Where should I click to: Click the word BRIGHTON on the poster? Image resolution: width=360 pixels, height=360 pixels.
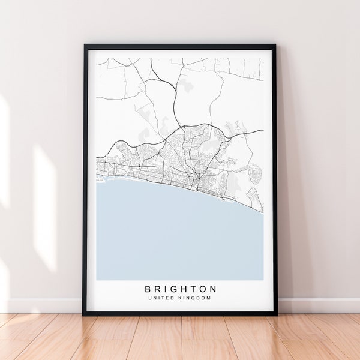179,289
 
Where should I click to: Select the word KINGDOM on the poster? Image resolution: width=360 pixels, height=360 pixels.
194,299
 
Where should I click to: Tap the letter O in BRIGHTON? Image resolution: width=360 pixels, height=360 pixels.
203,289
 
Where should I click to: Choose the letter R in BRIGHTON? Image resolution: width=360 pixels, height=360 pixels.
156,289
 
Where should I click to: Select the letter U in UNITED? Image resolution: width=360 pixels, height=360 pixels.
149,299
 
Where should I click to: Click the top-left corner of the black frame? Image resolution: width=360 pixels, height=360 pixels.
85,45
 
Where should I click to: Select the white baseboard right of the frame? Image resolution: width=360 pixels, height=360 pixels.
318,305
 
